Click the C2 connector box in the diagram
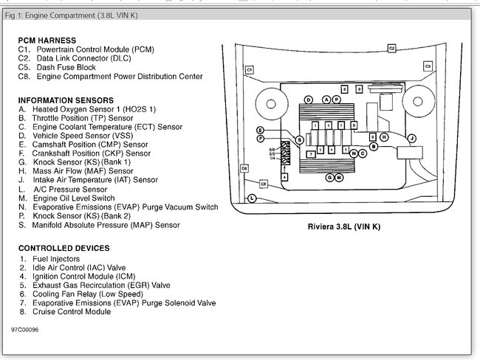tap(392, 48)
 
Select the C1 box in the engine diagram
tap(250, 69)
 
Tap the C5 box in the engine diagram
tap(428, 66)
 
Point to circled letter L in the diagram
tap(252, 198)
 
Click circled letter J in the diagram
tap(412, 138)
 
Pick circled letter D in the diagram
tap(308, 99)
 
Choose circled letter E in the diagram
tap(261, 130)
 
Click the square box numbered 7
tap(312, 153)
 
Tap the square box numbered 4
tap(286, 178)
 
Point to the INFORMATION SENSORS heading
tap(66, 100)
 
